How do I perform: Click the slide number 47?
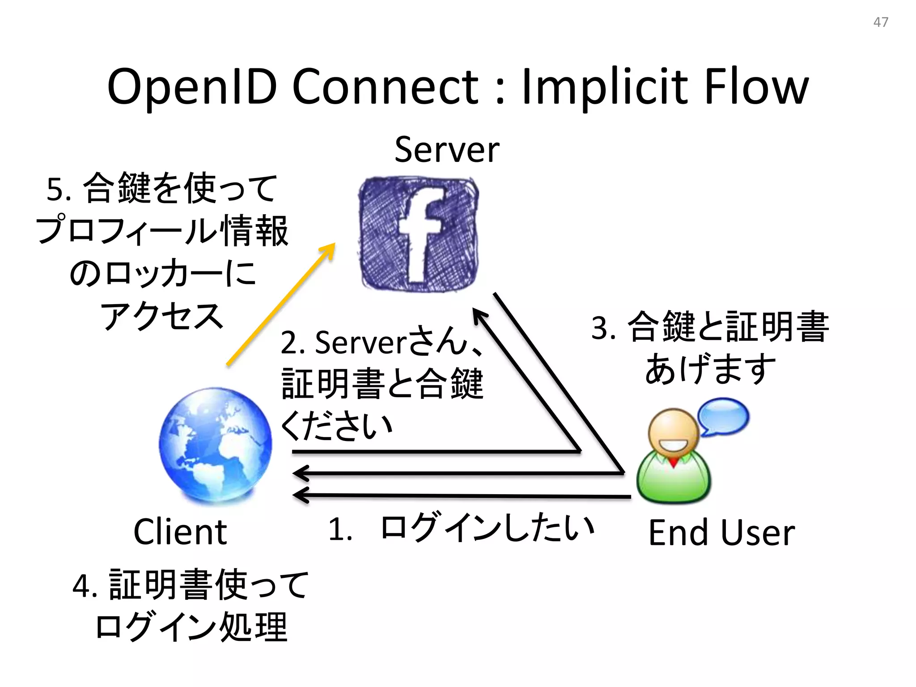pyautogui.click(x=881, y=22)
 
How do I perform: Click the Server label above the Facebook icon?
pyautogui.click(x=447, y=150)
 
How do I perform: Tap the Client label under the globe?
pyautogui.click(x=180, y=532)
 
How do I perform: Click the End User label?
pyautogui.click(x=721, y=533)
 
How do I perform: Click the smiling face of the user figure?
pyautogui.click(x=674, y=436)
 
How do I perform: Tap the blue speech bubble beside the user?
pyautogui.click(x=723, y=416)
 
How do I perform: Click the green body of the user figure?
pyautogui.click(x=674, y=481)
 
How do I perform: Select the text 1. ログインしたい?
pyautogui.click(x=461, y=528)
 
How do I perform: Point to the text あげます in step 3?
pyautogui.click(x=710, y=369)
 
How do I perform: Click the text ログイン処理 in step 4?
pyautogui.click(x=191, y=627)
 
